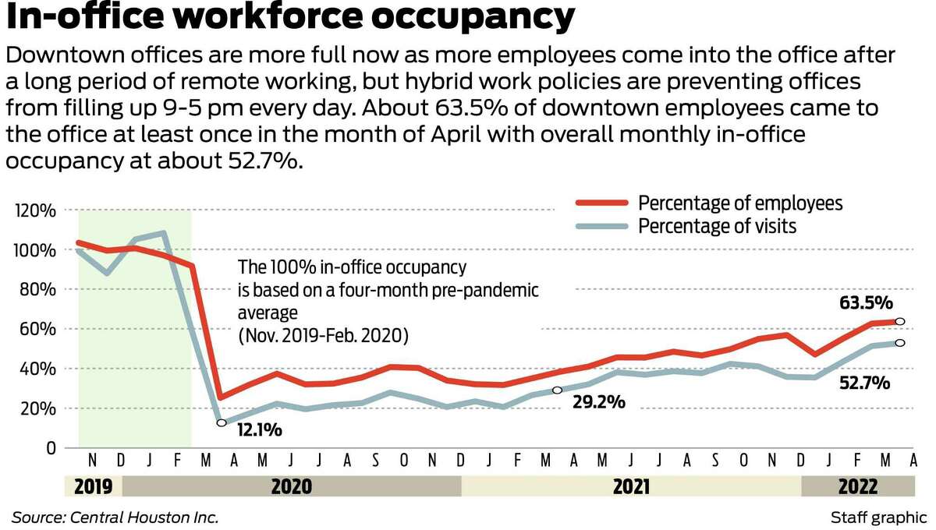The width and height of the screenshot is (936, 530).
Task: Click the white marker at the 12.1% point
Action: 222,422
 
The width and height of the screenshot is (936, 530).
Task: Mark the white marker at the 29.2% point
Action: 557,390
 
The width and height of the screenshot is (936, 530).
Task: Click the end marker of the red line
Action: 899,321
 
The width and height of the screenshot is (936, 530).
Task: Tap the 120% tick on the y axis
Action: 35,211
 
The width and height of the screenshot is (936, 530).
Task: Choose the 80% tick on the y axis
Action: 37,290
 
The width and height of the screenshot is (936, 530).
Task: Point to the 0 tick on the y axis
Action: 51,448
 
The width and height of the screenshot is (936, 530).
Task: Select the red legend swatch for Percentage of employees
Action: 601,203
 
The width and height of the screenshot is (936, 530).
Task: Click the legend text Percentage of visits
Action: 717,227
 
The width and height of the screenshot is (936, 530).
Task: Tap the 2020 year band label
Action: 291,487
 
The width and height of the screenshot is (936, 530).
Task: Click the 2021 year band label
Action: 631,487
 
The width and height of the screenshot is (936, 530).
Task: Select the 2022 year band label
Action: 857,487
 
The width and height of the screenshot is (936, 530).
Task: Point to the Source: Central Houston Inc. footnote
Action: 115,518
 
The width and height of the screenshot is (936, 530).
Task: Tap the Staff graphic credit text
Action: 878,518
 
